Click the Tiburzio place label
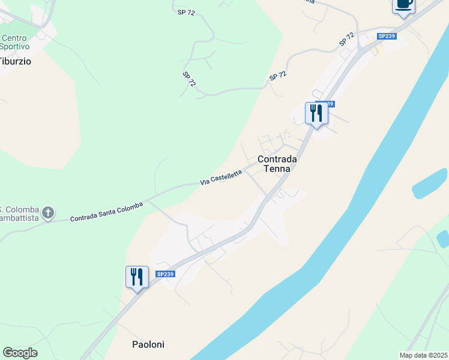tap(15, 61)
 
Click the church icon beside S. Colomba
tap(49, 212)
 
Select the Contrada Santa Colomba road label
tap(106, 212)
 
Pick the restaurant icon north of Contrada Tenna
tap(316, 113)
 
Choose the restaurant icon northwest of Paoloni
tap(137, 277)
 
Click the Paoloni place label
tap(148, 344)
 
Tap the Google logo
tap(20, 353)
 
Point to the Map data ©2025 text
tap(423, 355)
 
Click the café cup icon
tap(403, 5)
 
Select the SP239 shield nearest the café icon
tap(386, 36)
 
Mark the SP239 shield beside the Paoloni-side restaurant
tap(165, 274)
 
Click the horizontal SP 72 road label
tap(187, 11)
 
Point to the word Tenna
tap(277, 169)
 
